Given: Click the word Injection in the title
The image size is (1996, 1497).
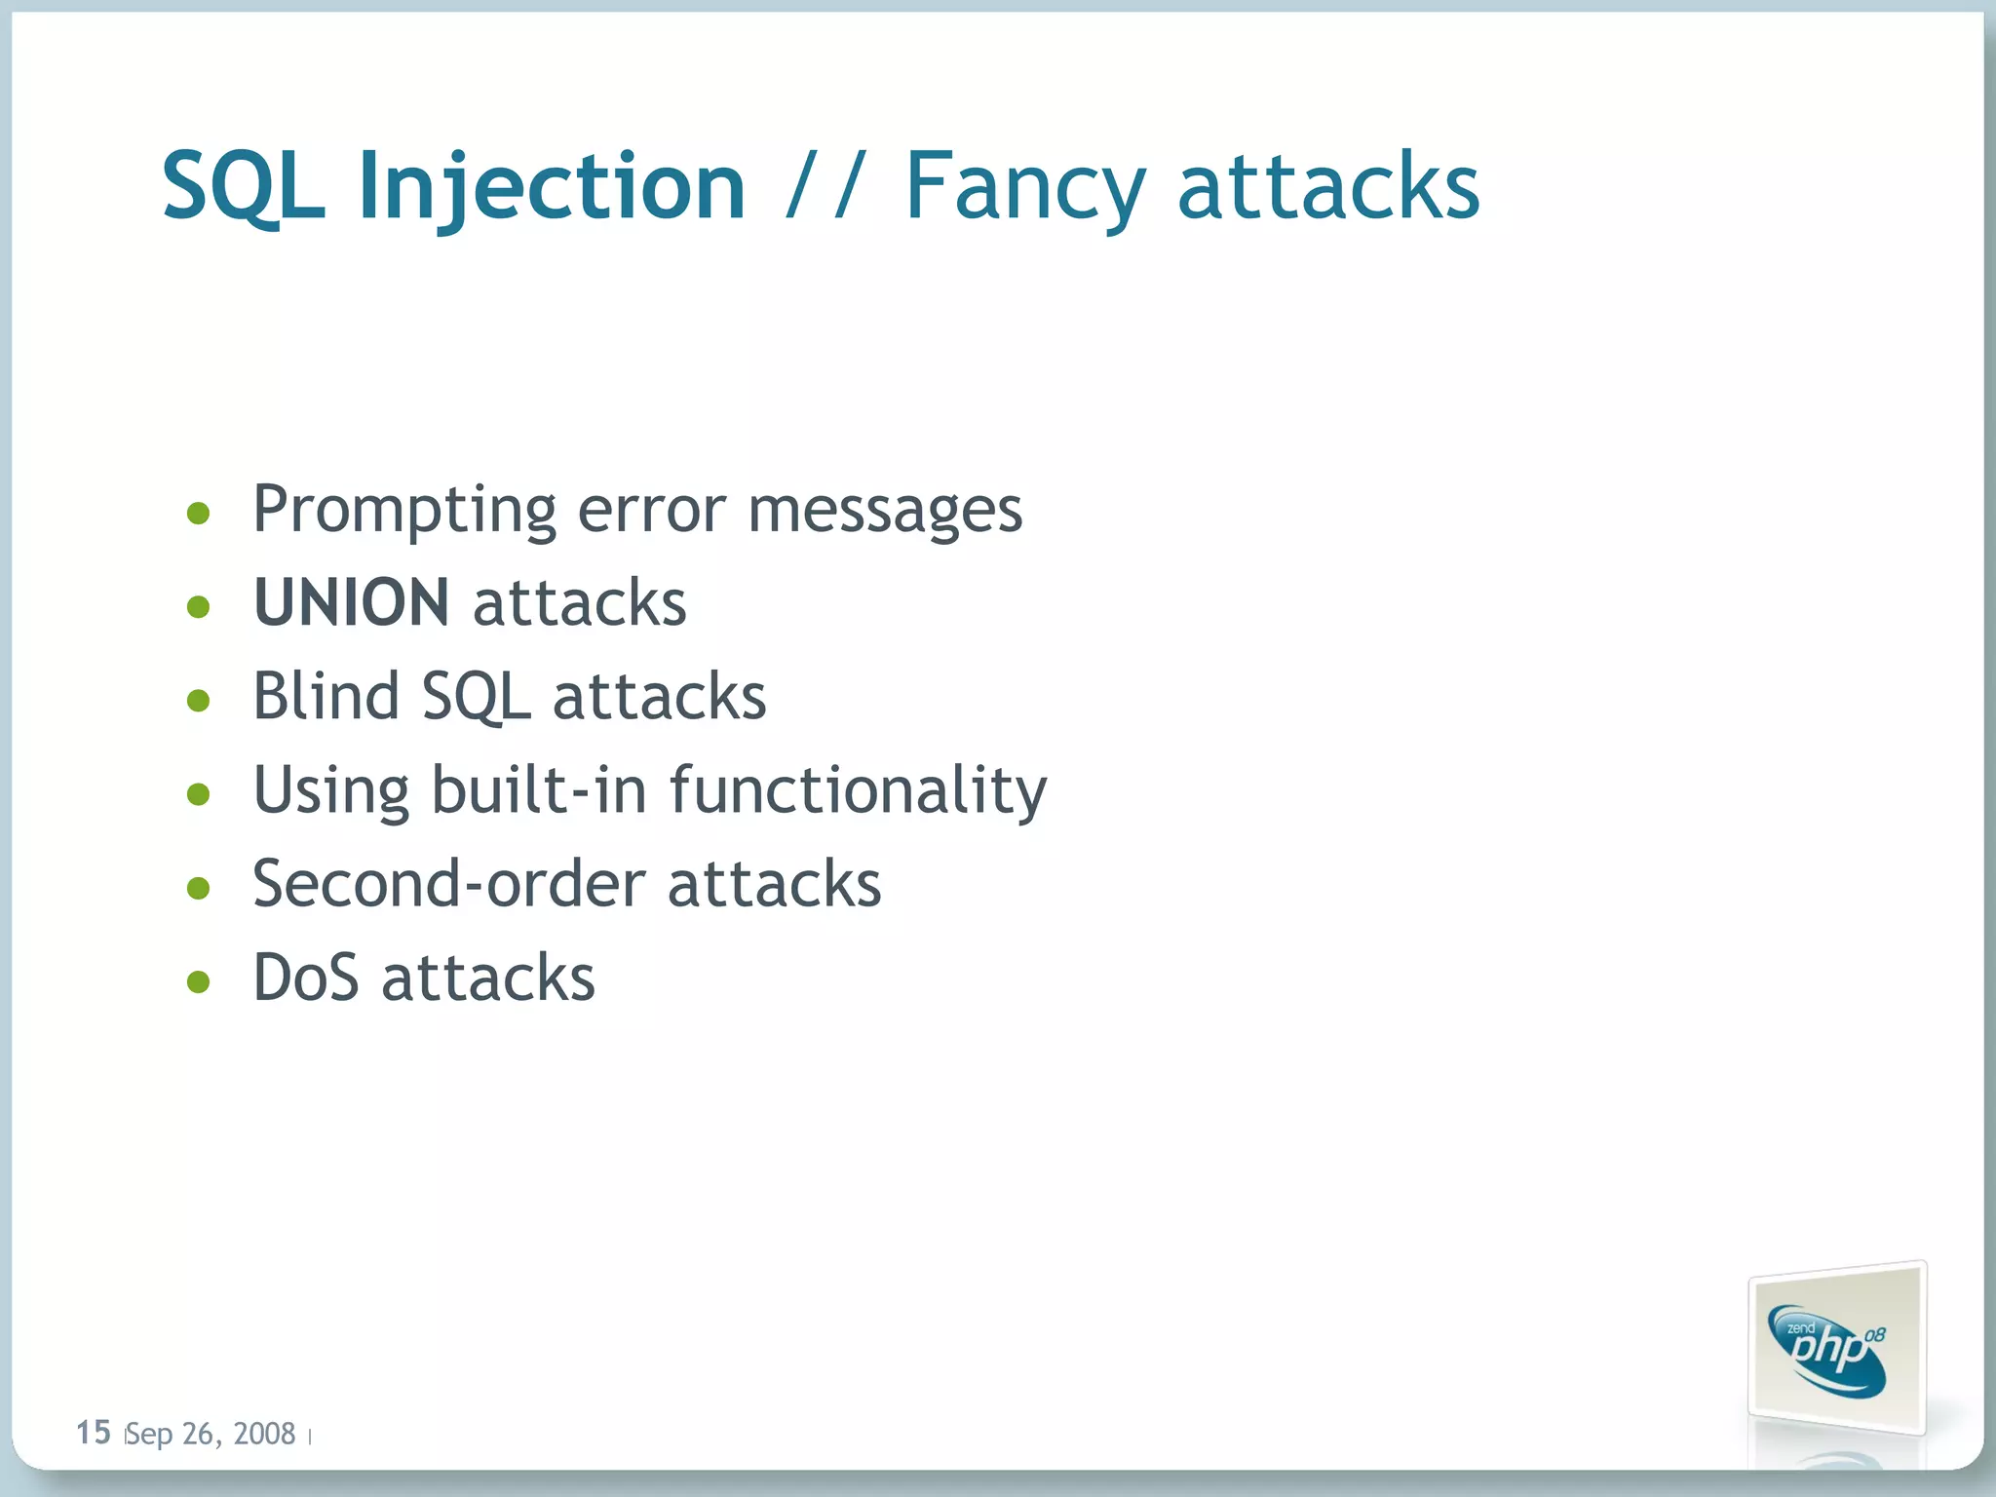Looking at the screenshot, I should tap(552, 187).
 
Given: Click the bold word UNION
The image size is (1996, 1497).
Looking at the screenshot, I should tap(351, 602).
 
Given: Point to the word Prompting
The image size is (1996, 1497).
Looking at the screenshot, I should tap(404, 511).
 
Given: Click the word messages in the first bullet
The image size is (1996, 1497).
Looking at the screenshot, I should tap(885, 511).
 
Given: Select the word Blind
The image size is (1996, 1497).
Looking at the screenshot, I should tap(326, 696).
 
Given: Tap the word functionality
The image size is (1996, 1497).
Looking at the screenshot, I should tap(858, 789).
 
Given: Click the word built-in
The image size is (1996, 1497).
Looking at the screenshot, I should tap(539, 789).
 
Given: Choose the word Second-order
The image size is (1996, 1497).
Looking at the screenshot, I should tap(448, 884).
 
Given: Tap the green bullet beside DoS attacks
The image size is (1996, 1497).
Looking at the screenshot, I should tap(199, 981).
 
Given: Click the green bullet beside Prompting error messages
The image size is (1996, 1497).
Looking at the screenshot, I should tap(199, 513).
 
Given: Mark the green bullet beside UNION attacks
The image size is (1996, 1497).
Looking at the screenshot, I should tap(199, 607).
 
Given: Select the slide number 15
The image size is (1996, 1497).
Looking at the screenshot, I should tap(94, 1433).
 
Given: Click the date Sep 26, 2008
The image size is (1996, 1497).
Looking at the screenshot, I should tap(211, 1434).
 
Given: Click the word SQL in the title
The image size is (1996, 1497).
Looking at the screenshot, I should tap(243, 187).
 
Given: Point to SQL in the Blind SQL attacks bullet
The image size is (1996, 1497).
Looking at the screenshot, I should tap(475, 698).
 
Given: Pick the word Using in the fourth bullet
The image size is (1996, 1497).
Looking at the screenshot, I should tap(331, 791).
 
